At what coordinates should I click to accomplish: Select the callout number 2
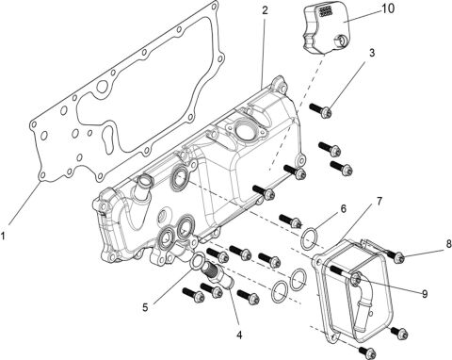click(265, 10)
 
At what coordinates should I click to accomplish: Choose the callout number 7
click(379, 202)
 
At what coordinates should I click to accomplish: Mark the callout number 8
click(435, 246)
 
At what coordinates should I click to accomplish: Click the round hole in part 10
click(338, 41)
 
